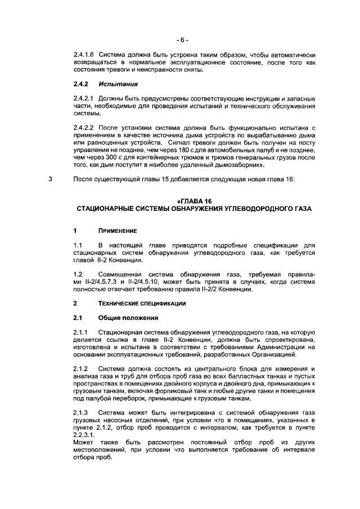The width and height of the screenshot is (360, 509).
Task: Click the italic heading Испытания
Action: point(118,84)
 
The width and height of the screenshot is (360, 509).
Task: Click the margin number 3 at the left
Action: point(51,179)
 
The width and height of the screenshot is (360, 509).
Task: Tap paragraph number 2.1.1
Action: point(80,332)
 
